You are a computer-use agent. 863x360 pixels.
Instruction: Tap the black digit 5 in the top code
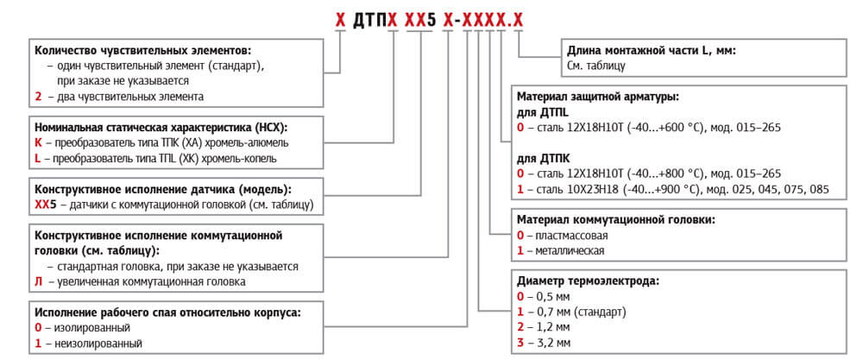click(x=431, y=21)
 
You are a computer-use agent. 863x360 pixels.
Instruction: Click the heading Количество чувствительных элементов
click(x=143, y=51)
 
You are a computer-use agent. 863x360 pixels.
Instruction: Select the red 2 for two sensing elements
click(x=38, y=97)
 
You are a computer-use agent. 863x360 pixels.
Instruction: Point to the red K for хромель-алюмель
click(x=38, y=143)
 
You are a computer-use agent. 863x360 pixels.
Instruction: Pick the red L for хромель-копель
click(x=37, y=159)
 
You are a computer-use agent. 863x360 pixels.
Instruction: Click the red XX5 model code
click(x=46, y=205)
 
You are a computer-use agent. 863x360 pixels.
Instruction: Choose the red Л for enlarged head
click(x=39, y=281)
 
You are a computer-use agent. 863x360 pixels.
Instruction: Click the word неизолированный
click(x=98, y=344)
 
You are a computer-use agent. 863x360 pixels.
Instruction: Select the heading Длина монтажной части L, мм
click(x=651, y=51)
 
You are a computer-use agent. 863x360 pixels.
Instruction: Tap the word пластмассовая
click(x=569, y=236)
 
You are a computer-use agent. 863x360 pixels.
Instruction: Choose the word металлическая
click(x=569, y=251)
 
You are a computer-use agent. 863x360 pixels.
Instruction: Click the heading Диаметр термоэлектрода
click(x=588, y=281)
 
